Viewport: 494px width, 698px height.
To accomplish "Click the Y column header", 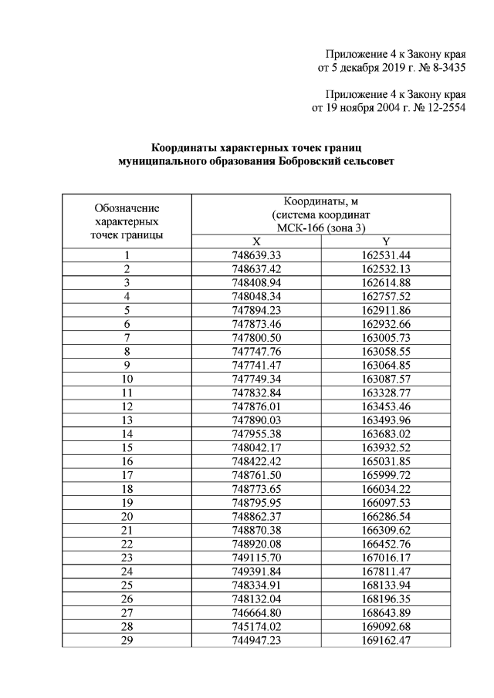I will click(385, 241).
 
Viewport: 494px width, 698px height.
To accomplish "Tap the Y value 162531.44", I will click(385, 255).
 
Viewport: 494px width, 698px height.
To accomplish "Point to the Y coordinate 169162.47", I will click(385, 640).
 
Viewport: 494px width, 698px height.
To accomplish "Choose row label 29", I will click(127, 640).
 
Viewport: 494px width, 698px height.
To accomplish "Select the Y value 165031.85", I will click(385, 461).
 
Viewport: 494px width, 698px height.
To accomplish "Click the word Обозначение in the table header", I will click(127, 207).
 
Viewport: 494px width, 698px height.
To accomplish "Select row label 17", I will click(127, 475).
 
